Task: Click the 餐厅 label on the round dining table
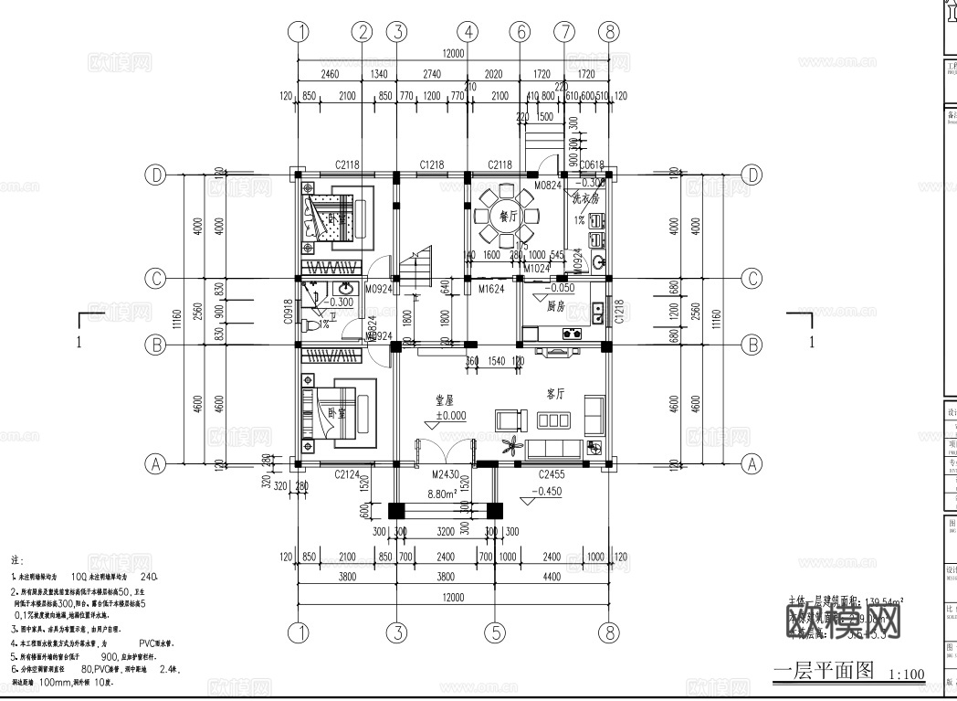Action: click(x=508, y=217)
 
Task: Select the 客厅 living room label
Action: click(x=555, y=395)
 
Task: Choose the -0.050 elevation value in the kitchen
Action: click(x=561, y=287)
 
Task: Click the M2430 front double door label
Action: click(x=447, y=475)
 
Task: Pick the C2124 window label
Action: click(x=347, y=474)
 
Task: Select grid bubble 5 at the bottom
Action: click(x=494, y=632)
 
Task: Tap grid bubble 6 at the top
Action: click(x=520, y=31)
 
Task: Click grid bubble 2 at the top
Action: click(x=363, y=31)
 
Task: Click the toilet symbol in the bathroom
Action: click(x=312, y=325)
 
